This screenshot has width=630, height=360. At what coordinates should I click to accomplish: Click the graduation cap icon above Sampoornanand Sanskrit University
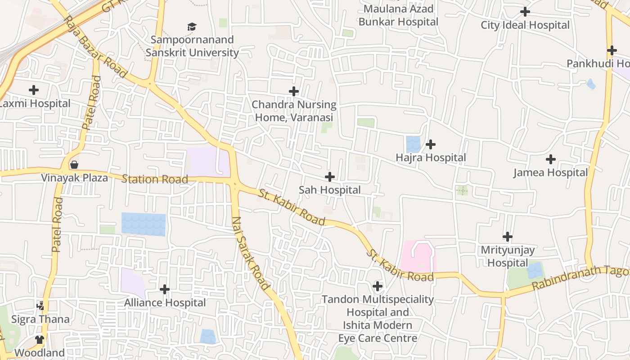[192, 27]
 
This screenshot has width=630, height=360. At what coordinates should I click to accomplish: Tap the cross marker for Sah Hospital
[330, 177]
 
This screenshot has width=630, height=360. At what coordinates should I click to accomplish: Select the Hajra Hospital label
[431, 157]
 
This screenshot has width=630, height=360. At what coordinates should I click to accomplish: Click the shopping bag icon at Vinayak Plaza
[74, 165]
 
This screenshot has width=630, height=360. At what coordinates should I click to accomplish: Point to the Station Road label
[155, 180]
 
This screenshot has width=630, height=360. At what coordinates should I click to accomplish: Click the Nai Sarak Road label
[250, 253]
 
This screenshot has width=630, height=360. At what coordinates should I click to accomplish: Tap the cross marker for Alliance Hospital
[165, 289]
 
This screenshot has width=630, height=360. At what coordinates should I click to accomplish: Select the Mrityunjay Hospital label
[508, 256]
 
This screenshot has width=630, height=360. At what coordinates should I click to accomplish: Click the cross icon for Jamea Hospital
[550, 159]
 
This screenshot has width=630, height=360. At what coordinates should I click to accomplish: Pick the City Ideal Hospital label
[525, 25]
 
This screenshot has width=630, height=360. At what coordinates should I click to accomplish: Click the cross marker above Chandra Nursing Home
[294, 91]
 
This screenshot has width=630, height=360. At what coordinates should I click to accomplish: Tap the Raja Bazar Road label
[95, 46]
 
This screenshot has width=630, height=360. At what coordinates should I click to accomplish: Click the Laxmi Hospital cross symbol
[33, 90]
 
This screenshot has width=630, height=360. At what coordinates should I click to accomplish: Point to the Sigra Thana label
[40, 319]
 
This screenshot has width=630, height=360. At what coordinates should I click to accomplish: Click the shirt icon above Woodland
[40, 339]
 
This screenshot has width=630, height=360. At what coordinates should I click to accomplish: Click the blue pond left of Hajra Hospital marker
[413, 144]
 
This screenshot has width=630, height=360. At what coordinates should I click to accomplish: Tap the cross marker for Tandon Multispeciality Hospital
[378, 286]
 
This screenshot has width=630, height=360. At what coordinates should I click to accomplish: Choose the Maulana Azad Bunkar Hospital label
[398, 15]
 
